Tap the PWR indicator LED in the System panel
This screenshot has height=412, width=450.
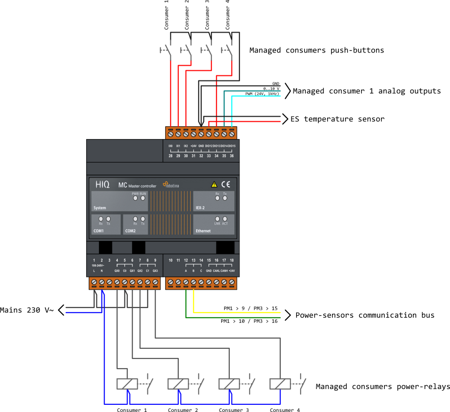(135, 198)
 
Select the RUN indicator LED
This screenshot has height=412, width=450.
(143, 198)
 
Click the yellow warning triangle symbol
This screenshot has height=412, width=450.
(214, 184)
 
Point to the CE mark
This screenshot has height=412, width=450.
(225, 184)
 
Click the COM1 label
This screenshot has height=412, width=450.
(99, 231)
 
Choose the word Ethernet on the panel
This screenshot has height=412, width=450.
(203, 231)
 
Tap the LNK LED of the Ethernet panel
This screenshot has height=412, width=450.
(217, 219)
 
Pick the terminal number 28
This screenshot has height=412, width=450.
(170, 156)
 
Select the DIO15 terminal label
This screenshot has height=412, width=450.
(232, 146)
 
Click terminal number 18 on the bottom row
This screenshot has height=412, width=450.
(232, 260)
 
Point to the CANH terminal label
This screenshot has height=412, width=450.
(224, 271)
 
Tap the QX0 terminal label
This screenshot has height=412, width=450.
(117, 271)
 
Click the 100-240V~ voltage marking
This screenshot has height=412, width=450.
(97, 265)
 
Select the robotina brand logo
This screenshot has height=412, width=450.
(171, 185)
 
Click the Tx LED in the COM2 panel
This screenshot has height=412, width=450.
(143, 219)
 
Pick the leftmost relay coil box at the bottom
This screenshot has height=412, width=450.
(127, 384)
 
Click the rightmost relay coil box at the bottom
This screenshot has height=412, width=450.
(280, 384)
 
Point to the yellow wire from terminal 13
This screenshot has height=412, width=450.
(240, 312)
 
